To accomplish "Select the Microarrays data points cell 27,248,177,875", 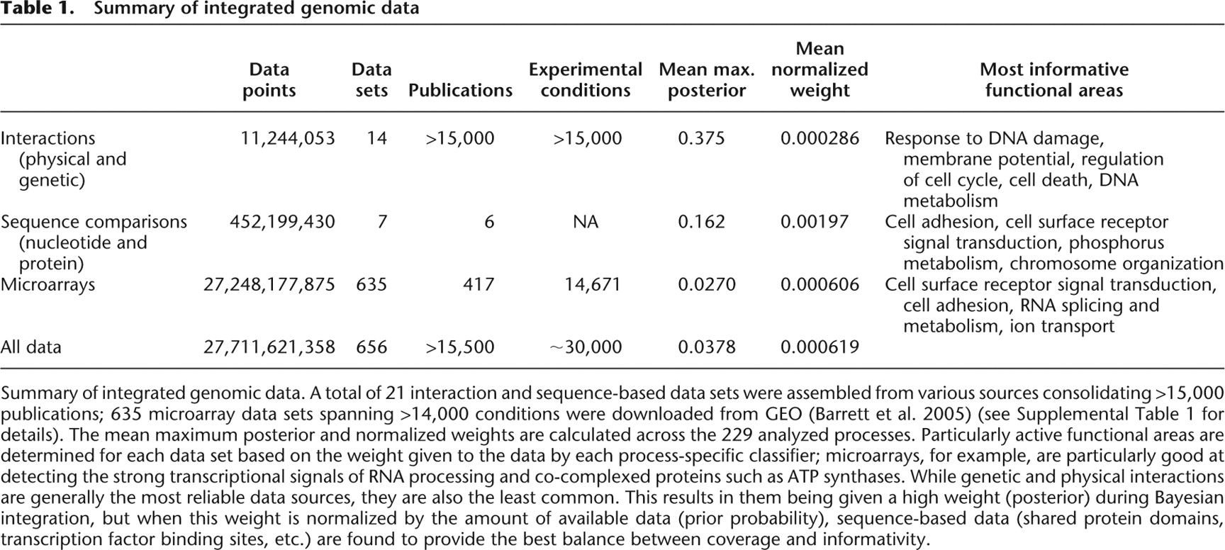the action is [269, 285].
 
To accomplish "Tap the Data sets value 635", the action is [371, 285].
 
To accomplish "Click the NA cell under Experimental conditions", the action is [586, 223].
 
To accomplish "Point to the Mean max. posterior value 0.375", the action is [701, 138].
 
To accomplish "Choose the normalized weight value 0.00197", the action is [815, 223].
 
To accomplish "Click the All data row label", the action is [30, 347].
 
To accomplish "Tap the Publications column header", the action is [460, 91].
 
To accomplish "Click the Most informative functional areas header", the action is [1054, 80].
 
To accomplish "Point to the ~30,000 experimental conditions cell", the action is [586, 347].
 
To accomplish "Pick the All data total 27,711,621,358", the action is [269, 347].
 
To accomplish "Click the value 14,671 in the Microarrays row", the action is [593, 285].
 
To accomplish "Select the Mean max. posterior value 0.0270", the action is [707, 285].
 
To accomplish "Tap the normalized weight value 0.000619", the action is [820, 347].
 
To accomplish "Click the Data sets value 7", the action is [383, 223].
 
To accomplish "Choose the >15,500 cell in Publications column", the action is [460, 347].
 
